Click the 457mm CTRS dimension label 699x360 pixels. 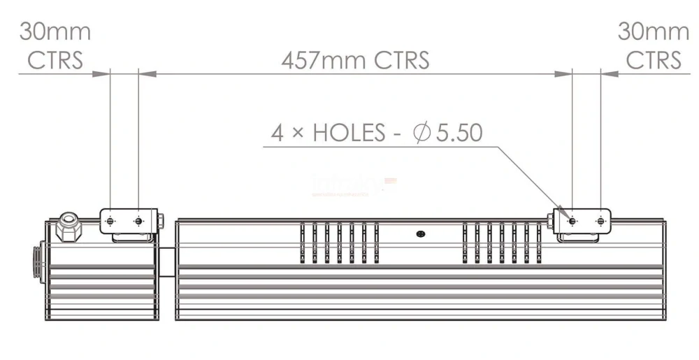click(355, 60)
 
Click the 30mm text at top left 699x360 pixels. click(55, 32)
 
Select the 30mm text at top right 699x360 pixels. click(653, 32)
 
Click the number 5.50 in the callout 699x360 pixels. click(459, 133)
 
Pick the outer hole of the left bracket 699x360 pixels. click(110, 222)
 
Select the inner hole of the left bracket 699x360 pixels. click(138, 222)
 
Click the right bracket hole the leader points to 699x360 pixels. click(572, 222)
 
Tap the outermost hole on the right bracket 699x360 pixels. click(600, 222)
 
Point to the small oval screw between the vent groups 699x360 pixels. click(420, 233)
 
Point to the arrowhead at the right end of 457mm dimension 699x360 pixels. click(565, 73)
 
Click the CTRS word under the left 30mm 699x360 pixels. click(55, 60)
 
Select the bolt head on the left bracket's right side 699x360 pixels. click(161, 222)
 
